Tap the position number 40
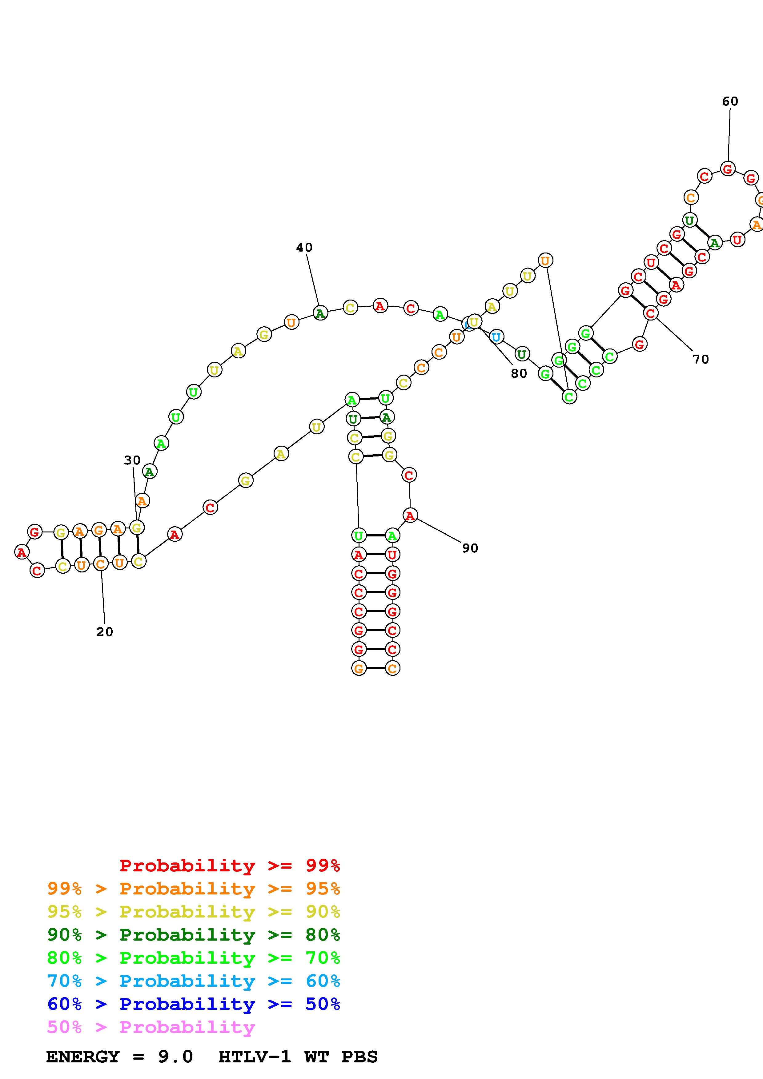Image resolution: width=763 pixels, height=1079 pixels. (x=304, y=247)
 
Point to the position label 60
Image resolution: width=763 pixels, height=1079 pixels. (x=730, y=101)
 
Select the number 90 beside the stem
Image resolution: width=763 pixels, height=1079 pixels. (x=470, y=548)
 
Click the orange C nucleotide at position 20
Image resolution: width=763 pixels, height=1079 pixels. (x=100, y=563)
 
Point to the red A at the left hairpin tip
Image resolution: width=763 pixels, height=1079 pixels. (x=22, y=552)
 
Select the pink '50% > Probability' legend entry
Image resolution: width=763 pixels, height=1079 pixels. (x=151, y=1027)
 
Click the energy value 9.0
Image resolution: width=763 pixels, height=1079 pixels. (x=175, y=1057)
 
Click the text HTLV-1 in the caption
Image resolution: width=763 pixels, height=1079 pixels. (x=254, y=1057)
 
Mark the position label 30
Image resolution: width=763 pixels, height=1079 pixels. (x=132, y=460)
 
